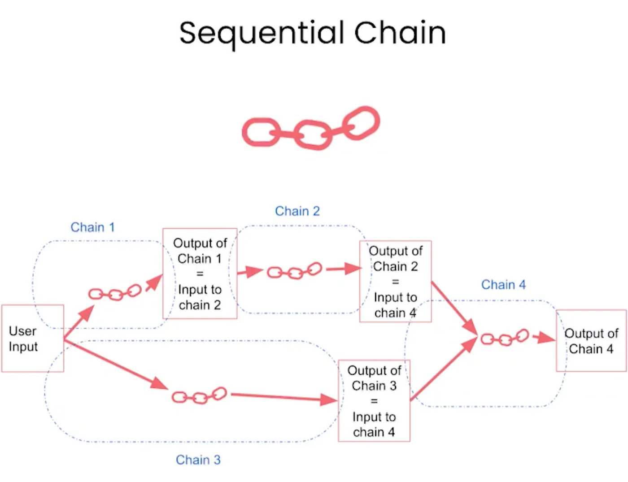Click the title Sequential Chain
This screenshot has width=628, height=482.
pyautogui.click(x=312, y=34)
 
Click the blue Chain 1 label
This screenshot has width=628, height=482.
pyautogui.click(x=92, y=227)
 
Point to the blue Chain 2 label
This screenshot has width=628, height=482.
pyautogui.click(x=297, y=211)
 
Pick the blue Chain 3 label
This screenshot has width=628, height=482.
pyautogui.click(x=198, y=460)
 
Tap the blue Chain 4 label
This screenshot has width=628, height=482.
pyautogui.click(x=503, y=285)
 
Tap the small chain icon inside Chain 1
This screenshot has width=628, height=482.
pyautogui.click(x=115, y=295)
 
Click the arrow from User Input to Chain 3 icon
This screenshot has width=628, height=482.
pyautogui.click(x=116, y=365)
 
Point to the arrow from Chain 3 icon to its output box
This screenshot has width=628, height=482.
pyautogui.click(x=284, y=398)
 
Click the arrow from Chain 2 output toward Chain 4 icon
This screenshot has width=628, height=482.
pyautogui.click(x=454, y=309)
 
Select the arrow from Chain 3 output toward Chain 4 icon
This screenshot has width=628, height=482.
pyautogui.click(x=444, y=369)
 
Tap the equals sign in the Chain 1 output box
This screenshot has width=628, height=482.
pyautogui.click(x=200, y=274)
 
